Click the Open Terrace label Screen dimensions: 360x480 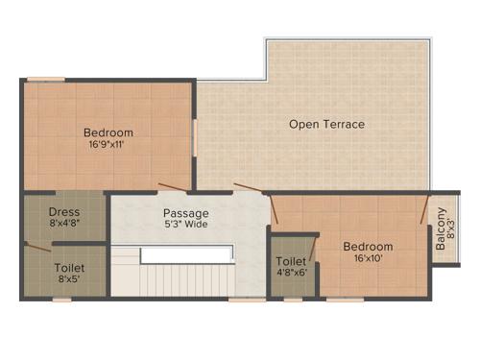(x=327, y=124)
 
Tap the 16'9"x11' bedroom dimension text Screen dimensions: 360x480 (x=108, y=145)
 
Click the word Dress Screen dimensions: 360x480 (x=64, y=212)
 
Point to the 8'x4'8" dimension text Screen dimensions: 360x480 (x=64, y=225)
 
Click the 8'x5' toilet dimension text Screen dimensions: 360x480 (x=69, y=280)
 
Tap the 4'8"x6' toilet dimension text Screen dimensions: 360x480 (x=292, y=274)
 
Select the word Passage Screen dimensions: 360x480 (x=185, y=212)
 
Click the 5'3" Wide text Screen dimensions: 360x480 (x=185, y=225)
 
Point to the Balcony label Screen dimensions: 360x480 (x=441, y=231)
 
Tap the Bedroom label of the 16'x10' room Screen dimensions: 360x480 (x=369, y=247)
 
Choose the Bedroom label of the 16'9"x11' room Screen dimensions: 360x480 (x=108, y=132)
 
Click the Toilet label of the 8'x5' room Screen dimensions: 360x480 (x=69, y=268)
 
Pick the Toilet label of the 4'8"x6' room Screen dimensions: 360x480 (x=292, y=261)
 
